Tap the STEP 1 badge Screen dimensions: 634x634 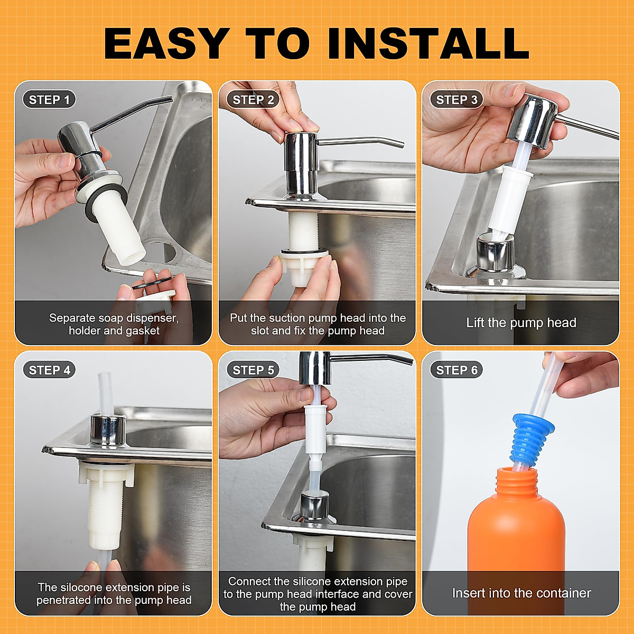(x=49, y=100)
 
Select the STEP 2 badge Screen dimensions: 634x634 (x=253, y=100)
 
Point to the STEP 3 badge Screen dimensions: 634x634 (x=456, y=100)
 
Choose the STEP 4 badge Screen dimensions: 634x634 (x=49, y=370)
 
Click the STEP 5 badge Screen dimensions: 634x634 (x=253, y=370)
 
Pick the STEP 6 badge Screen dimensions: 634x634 (x=456, y=370)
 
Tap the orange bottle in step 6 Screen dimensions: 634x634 (x=516, y=528)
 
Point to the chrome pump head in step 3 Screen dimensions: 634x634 (x=534, y=122)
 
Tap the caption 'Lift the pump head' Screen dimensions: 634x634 (x=521, y=323)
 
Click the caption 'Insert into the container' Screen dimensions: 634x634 (x=521, y=593)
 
